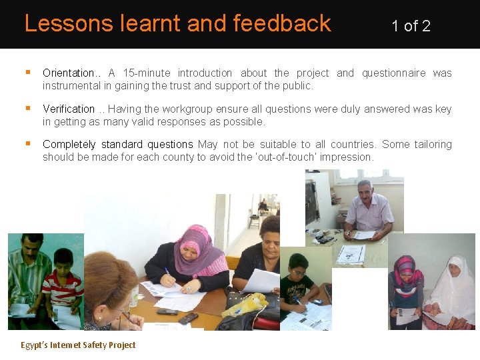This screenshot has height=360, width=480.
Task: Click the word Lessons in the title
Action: (x=61, y=24)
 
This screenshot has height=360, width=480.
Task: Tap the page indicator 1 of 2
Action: (x=411, y=26)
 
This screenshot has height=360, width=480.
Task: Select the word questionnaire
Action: (x=393, y=73)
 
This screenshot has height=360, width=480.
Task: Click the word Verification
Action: (x=69, y=109)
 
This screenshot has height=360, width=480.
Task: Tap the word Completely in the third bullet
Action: (x=69, y=145)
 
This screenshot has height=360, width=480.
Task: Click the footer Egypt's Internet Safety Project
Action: (x=78, y=345)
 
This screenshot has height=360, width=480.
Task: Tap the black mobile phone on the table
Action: (x=189, y=317)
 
